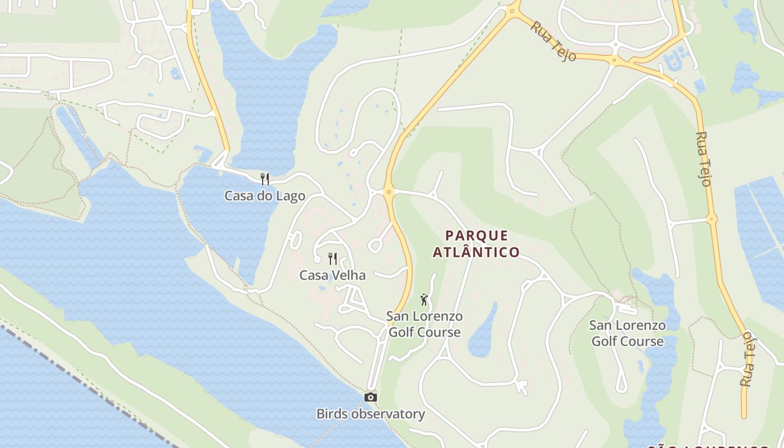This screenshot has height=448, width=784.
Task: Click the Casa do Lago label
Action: [x=264, y=196]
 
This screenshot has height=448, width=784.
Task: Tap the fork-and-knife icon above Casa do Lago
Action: [x=265, y=179]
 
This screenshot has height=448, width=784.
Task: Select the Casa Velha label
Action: [x=332, y=275]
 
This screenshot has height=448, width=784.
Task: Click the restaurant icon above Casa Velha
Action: [x=333, y=258]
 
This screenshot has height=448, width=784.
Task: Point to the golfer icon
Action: [x=424, y=300]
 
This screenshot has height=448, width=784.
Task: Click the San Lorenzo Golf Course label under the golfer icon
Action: [x=424, y=324]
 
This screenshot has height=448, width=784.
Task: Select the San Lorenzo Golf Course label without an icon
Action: [x=627, y=333]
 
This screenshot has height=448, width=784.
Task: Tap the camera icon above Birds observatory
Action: [x=370, y=397]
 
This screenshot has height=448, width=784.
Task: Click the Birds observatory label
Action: [x=370, y=414]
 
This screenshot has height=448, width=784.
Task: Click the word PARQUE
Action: [x=477, y=235]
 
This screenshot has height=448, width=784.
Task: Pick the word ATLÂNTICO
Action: [x=477, y=253]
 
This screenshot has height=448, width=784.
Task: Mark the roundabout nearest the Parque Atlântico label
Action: [x=389, y=192]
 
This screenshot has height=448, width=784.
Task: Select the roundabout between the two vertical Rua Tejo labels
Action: [x=711, y=219]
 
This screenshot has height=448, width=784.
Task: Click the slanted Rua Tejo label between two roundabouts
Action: [x=554, y=41]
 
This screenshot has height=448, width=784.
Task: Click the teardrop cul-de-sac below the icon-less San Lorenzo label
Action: [x=621, y=386]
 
